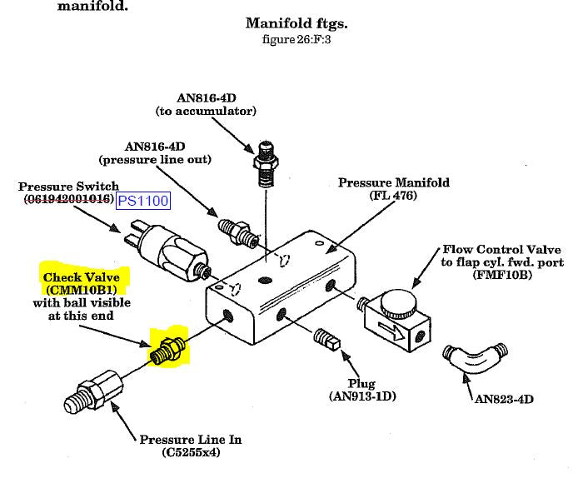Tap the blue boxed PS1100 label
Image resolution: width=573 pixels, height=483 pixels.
tap(142, 201)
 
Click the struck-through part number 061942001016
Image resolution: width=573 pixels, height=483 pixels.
tap(67, 200)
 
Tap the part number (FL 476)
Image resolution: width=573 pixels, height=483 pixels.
tap(393, 197)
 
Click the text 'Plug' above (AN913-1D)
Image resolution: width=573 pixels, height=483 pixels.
tap(361, 383)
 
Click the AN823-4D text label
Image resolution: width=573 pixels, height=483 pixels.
tap(505, 399)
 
